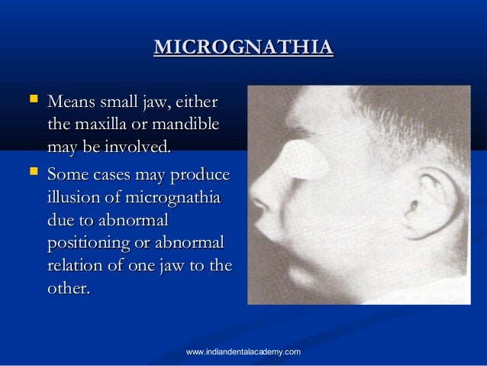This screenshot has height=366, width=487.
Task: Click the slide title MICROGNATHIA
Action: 243,48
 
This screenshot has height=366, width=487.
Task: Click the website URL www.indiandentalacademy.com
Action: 243,351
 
